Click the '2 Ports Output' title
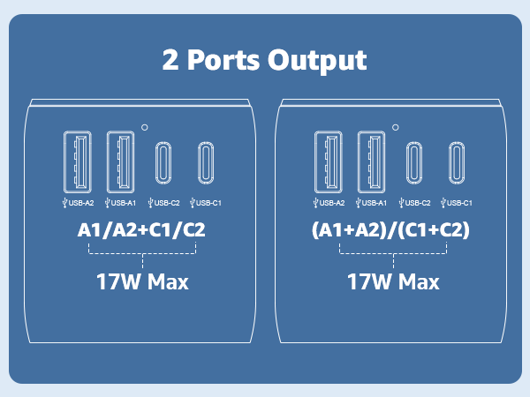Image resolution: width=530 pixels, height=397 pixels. [265, 60]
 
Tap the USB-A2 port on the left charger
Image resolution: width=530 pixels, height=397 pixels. [78, 161]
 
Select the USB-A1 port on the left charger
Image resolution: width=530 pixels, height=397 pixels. [121, 161]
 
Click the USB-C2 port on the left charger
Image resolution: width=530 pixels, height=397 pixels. [163, 162]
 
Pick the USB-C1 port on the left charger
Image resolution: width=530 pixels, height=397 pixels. [206, 162]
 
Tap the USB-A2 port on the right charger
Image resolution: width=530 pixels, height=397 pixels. [329, 161]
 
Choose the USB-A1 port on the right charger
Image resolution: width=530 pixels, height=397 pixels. [372, 161]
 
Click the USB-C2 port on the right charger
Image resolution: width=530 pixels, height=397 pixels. [414, 162]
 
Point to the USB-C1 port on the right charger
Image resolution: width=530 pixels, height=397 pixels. [457, 162]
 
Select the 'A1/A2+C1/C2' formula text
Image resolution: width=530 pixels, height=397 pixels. [141, 230]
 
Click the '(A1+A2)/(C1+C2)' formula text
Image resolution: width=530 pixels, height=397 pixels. [390, 230]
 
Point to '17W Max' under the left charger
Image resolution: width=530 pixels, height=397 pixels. [142, 281]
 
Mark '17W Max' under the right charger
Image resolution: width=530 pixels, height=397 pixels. [393, 281]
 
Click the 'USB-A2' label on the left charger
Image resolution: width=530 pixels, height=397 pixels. [79, 203]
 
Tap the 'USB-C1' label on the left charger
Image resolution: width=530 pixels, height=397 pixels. [206, 203]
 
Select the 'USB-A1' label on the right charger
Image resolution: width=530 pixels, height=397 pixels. [371, 203]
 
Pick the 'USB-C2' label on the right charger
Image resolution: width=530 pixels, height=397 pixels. [415, 203]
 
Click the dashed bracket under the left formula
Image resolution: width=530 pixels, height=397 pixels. [142, 253]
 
